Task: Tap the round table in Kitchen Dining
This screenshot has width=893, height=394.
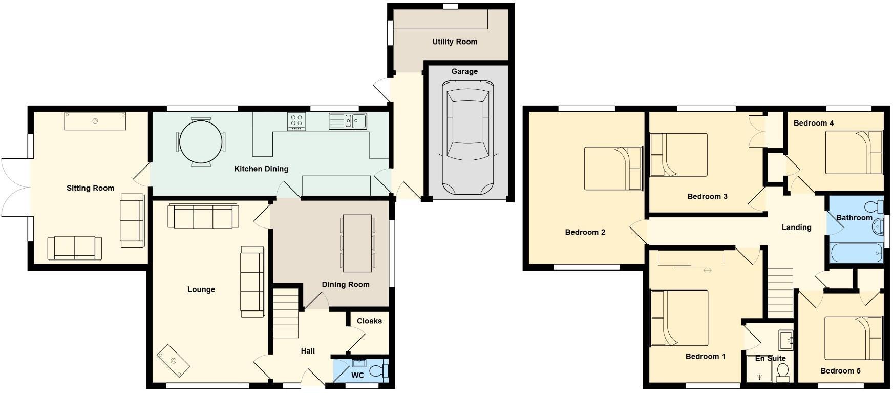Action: (201, 142)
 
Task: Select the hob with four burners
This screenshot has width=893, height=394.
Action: (296, 121)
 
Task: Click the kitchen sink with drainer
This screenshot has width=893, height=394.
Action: (348, 121)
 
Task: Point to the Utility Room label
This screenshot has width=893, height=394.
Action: (455, 42)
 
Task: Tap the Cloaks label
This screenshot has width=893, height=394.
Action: (369, 321)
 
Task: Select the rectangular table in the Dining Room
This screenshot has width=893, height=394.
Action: (357, 243)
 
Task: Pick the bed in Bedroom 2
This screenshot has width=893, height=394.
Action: (613, 168)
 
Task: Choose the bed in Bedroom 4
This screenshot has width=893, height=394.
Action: (854, 152)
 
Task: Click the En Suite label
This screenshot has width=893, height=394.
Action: (770, 358)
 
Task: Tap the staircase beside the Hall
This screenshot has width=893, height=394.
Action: (285, 313)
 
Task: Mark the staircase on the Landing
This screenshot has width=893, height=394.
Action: (780, 293)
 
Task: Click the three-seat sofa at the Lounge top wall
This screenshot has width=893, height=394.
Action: (203, 217)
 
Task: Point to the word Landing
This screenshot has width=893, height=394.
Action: (796, 227)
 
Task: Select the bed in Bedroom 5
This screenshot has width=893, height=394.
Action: (853, 338)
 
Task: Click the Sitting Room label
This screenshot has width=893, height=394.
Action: (90, 188)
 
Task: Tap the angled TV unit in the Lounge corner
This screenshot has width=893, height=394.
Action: (174, 360)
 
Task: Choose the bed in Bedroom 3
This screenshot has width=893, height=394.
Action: (678, 155)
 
